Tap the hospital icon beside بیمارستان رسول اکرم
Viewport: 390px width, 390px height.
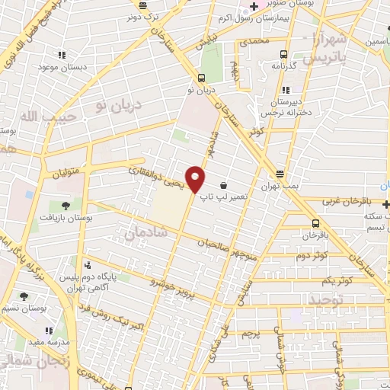tap(254, 7)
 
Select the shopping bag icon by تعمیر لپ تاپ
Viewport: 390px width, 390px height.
tap(223, 185)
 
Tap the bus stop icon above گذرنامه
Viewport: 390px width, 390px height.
tap(283, 54)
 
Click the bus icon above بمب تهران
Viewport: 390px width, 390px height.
tap(280, 174)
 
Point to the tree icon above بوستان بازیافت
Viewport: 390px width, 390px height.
tap(66, 206)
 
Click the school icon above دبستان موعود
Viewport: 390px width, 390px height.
tap(62, 55)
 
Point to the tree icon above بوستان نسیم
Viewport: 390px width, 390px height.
tap(24, 296)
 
